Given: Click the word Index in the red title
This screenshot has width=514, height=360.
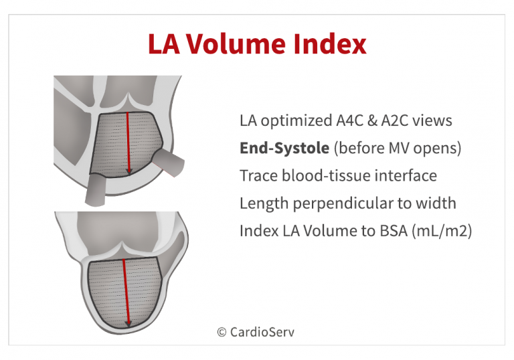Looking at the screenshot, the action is [x=330, y=43].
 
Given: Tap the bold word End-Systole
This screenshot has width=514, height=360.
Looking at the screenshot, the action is [x=284, y=148].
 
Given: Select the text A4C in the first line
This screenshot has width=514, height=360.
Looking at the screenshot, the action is [x=350, y=120].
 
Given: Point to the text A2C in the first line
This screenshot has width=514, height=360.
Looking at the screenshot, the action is [x=394, y=120].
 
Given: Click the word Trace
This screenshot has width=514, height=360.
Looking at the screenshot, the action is [x=258, y=175].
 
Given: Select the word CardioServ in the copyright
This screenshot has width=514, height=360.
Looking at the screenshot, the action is [x=262, y=332].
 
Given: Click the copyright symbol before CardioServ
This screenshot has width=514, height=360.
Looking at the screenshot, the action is [x=222, y=332].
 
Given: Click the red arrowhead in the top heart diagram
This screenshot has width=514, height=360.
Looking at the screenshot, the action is [x=128, y=171].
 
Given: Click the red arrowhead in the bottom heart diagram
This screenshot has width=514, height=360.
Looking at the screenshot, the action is [x=128, y=323].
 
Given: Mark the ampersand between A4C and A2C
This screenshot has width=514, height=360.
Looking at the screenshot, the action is [x=372, y=120].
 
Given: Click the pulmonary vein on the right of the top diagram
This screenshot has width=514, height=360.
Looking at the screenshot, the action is [x=169, y=163].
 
